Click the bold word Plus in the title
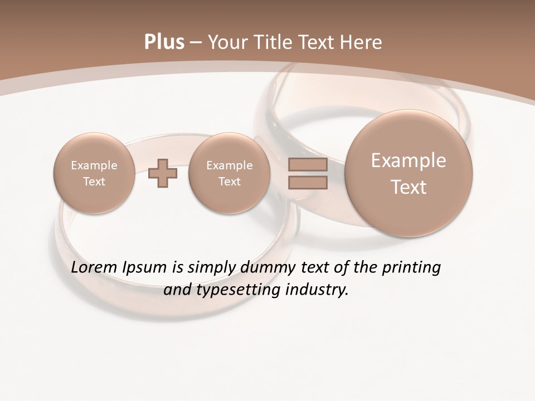[164, 42]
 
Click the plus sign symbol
[163, 173]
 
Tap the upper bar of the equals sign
[308, 164]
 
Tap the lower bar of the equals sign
[308, 183]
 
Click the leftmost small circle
[94, 173]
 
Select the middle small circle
[229, 173]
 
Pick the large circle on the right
[408, 173]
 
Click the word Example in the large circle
[408, 160]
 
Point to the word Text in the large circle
[408, 187]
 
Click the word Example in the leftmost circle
[94, 165]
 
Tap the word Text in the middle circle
[229, 182]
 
